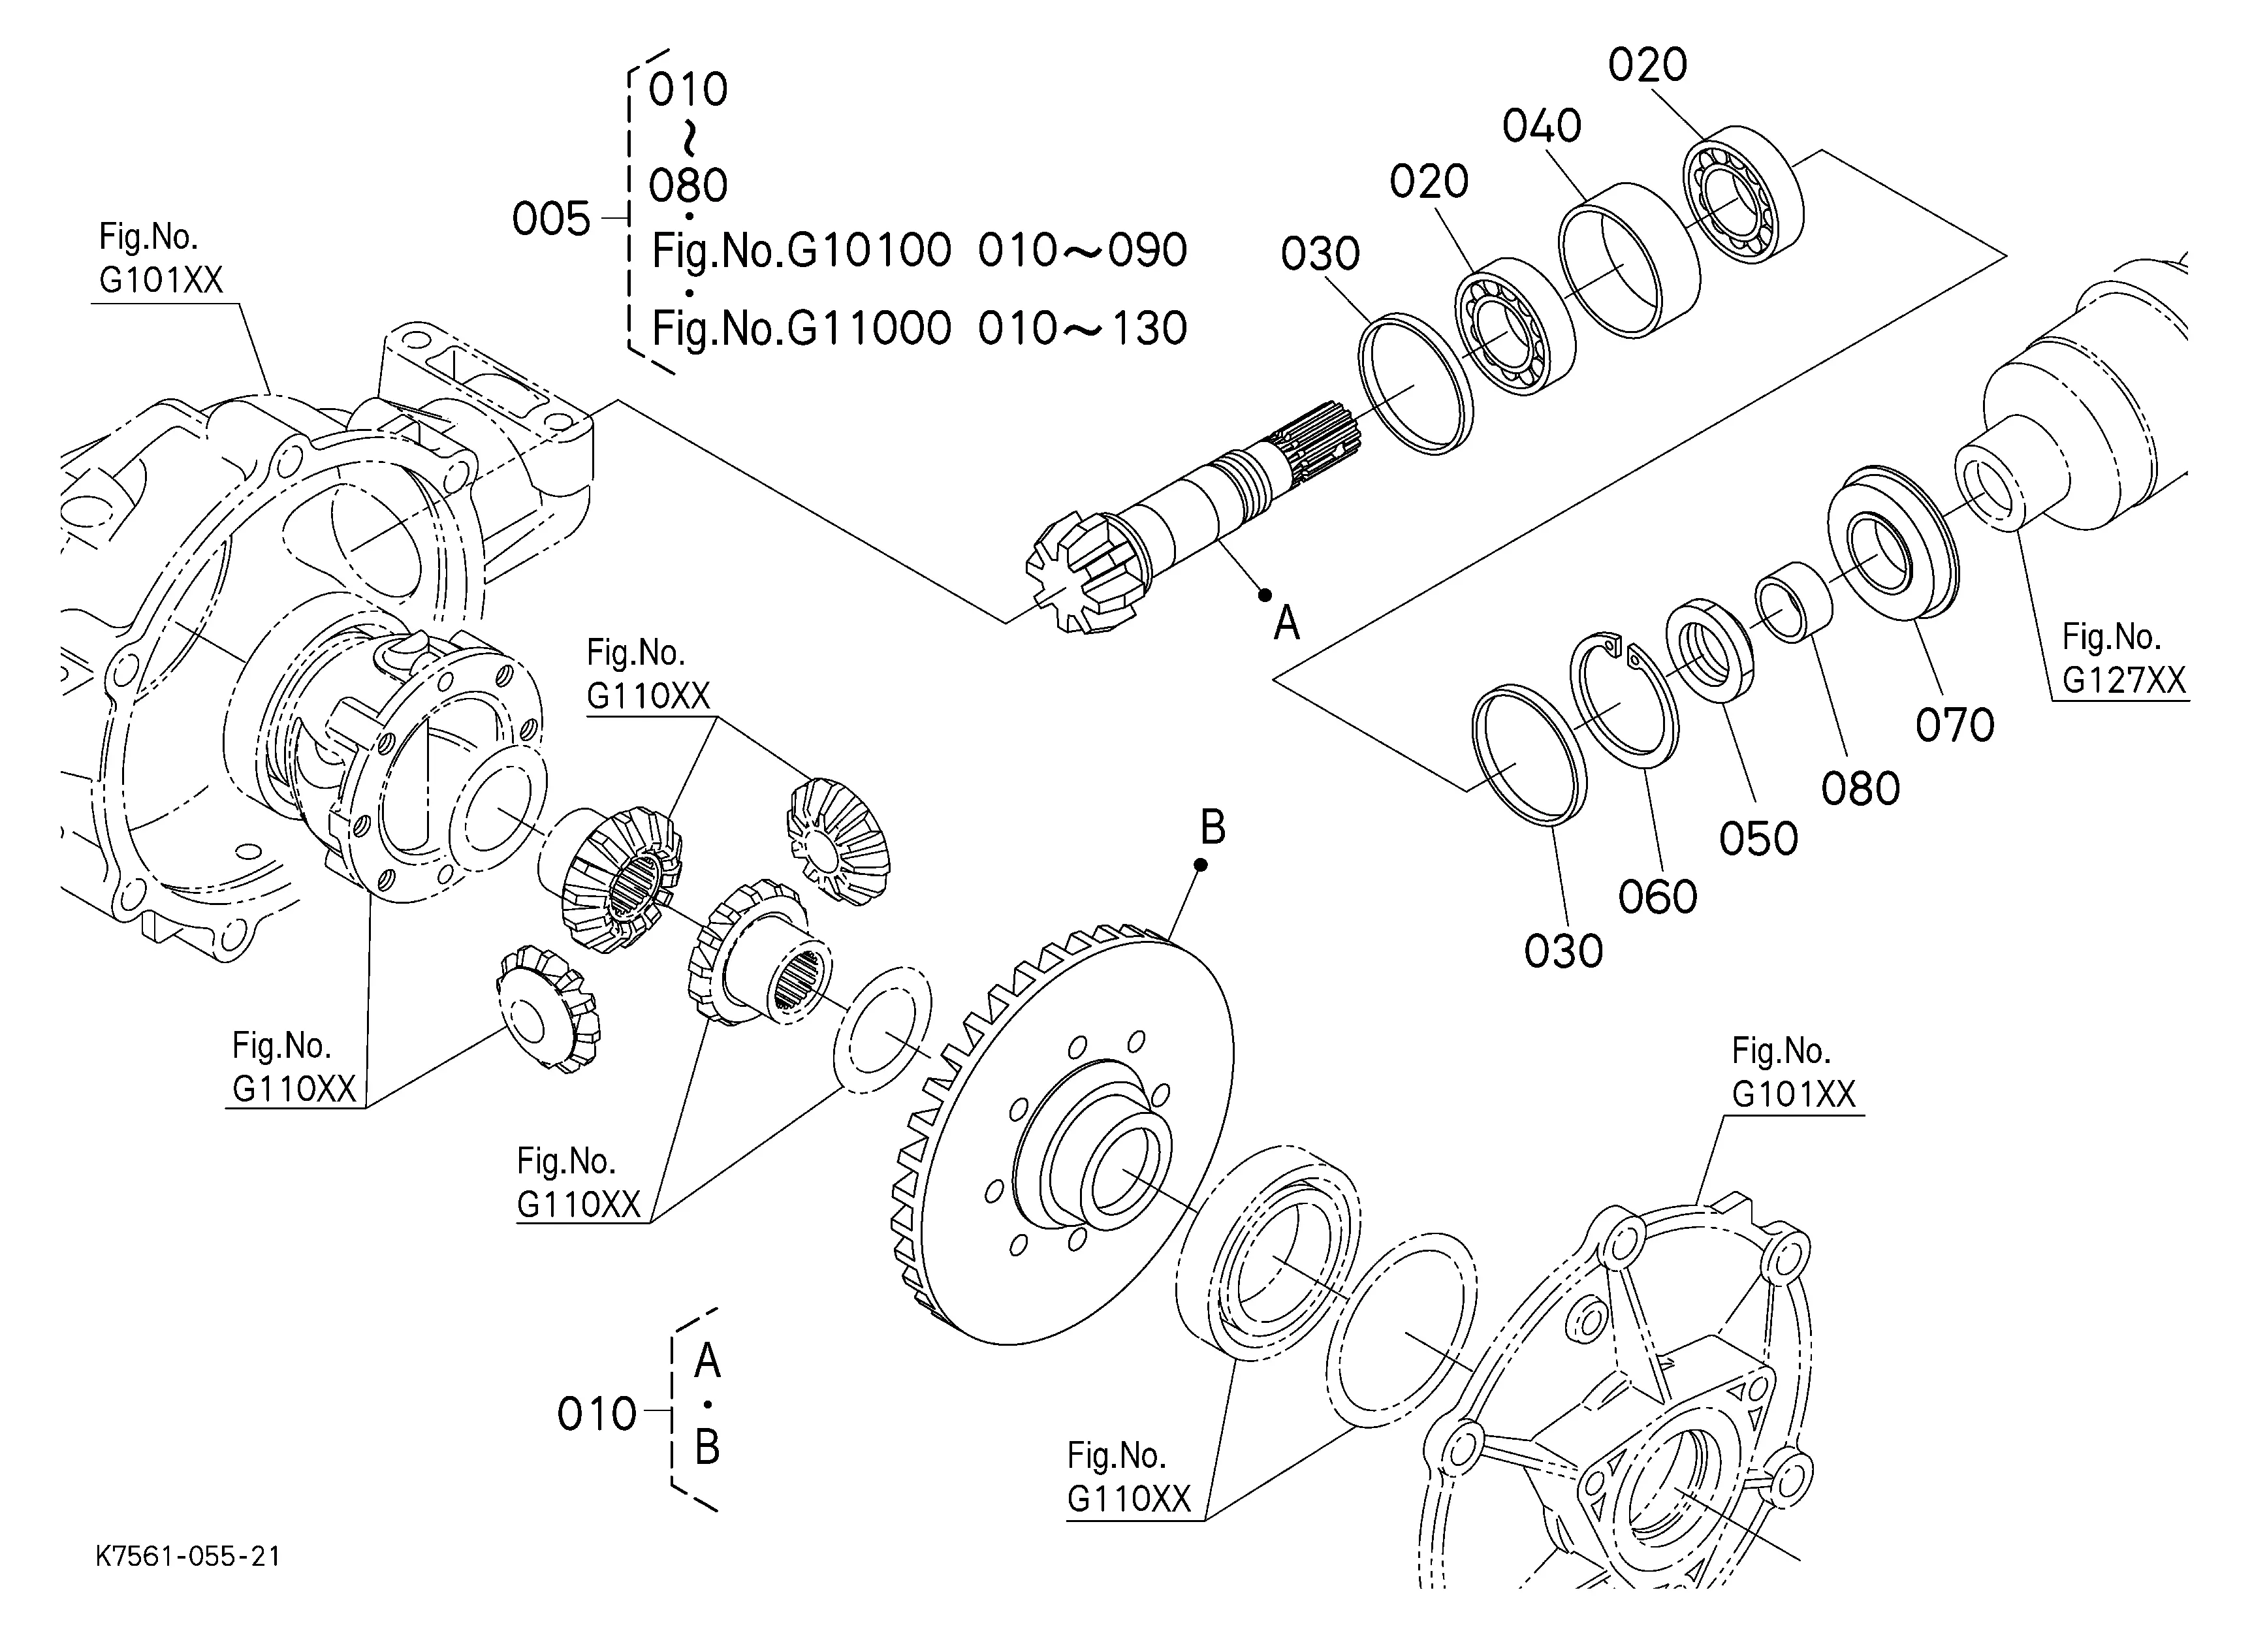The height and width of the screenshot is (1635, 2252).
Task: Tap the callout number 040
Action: coord(1541,126)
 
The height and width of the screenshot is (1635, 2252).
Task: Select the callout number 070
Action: coord(1954,725)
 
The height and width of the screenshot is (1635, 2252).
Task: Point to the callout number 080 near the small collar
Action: coord(1860,789)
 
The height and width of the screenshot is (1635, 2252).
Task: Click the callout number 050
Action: coord(1758,839)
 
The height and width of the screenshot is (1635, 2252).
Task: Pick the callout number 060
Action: coord(1657,897)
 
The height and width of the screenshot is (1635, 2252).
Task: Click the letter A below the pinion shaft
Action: coord(1287,624)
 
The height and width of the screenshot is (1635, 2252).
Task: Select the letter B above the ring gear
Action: coord(1213,827)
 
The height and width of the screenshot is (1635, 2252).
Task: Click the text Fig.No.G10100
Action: coord(801,250)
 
